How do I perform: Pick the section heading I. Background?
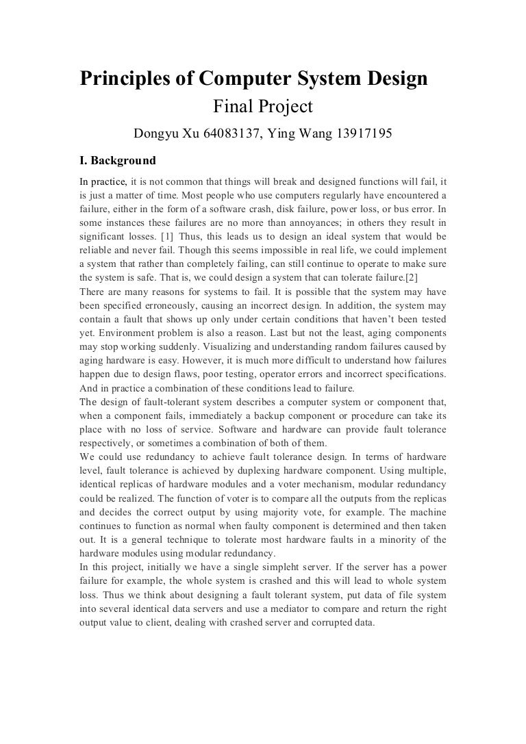118,162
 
